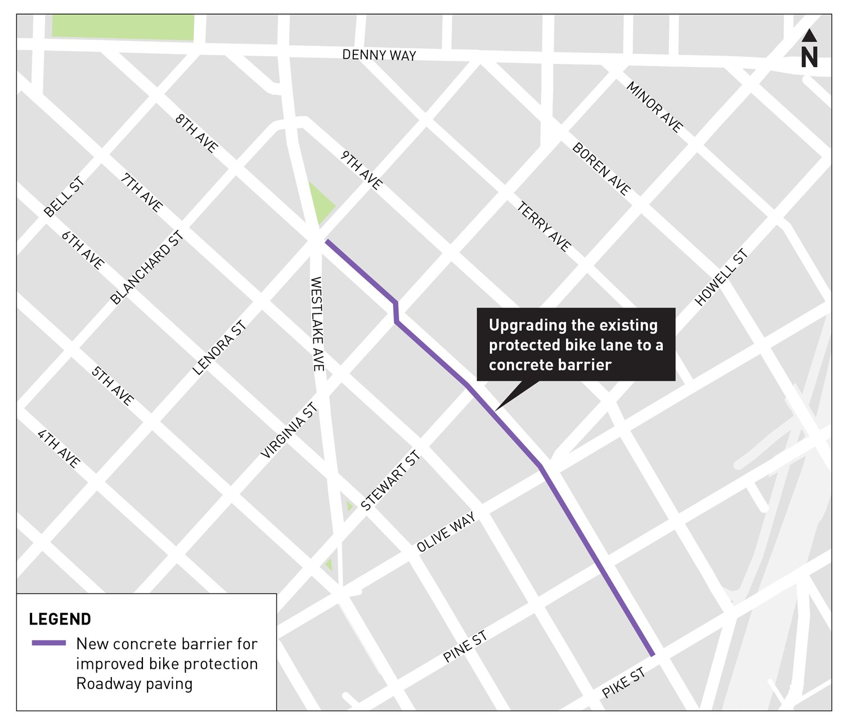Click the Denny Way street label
coord(379,55)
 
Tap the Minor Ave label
coord(654,107)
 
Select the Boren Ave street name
coord(601,169)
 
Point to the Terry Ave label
coord(544,227)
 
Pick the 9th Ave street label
coord(361,170)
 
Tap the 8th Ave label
coord(196,133)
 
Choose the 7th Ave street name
coord(142,192)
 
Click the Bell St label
coord(64,197)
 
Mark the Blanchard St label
coord(147,268)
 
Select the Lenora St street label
coord(219,348)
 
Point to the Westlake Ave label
coord(317,323)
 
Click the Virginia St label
coord(289,432)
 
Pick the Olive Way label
coord(446,532)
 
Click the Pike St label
coord(623,683)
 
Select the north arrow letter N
coord(809,57)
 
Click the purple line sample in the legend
coord(48,643)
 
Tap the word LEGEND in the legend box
coord(60,619)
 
